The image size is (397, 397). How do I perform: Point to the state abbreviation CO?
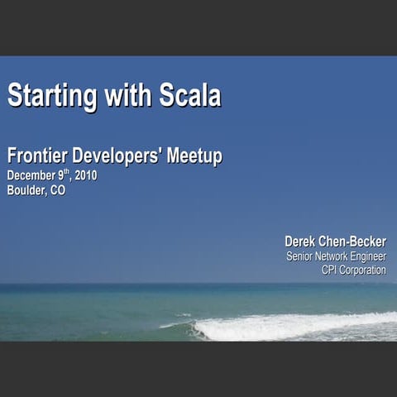(x=57, y=190)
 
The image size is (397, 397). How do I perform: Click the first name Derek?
(x=300, y=241)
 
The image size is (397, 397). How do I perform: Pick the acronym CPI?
(x=330, y=270)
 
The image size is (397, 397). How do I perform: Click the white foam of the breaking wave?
(x=289, y=327)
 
